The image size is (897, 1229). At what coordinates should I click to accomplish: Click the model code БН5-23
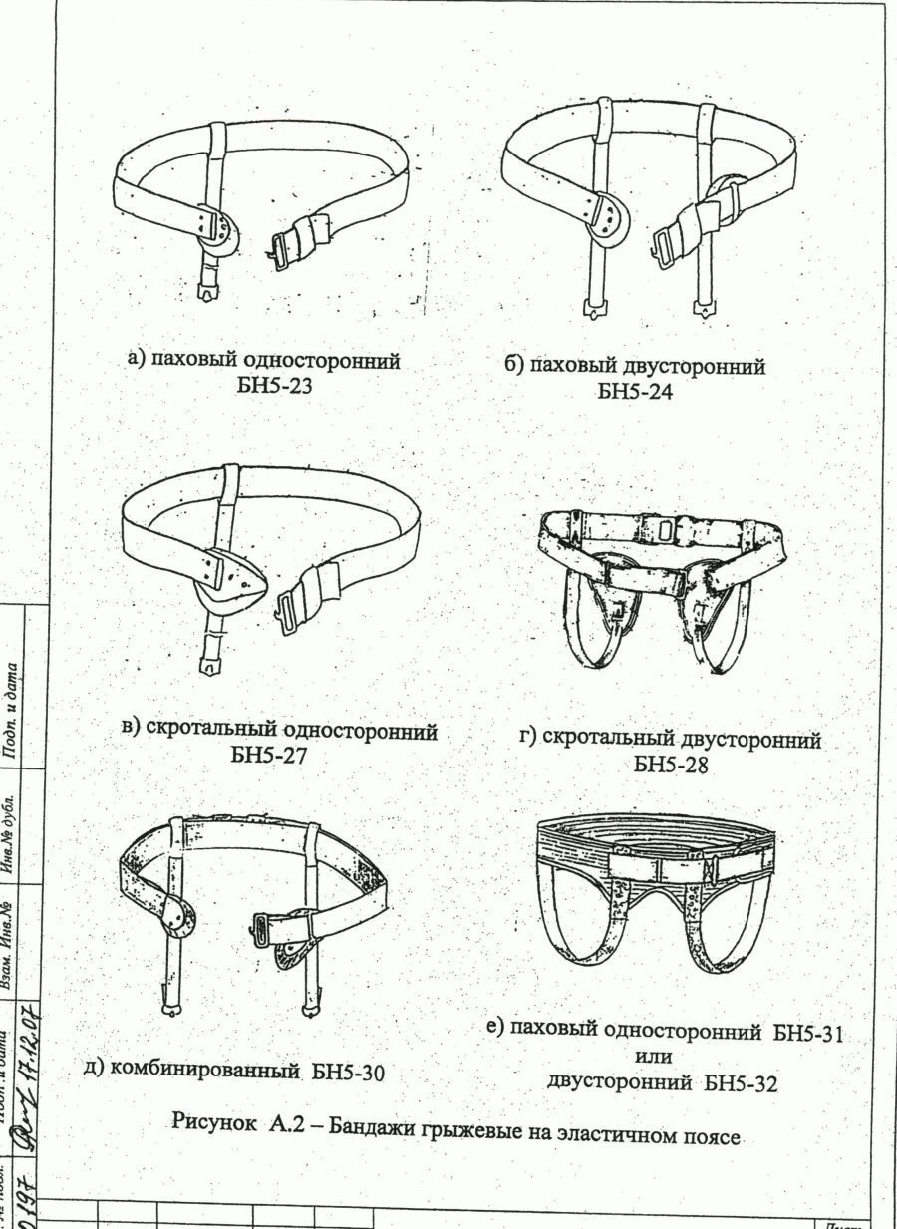273,387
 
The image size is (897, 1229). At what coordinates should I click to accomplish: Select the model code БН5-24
635,392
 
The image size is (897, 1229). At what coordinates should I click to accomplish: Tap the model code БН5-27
269,756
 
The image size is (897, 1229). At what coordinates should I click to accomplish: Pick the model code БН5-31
808,1033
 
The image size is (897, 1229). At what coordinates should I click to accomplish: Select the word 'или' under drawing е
652,1056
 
